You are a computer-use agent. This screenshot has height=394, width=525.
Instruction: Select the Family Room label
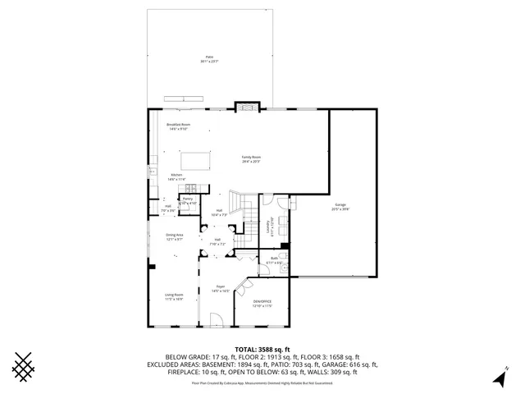coord(250,158)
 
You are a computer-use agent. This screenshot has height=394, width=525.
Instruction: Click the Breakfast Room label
coord(178,126)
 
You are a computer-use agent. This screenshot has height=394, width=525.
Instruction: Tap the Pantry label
coord(187,200)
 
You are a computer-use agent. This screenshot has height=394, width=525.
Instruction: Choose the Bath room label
coord(273,259)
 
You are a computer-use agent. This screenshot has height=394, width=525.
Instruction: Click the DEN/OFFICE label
coord(262,305)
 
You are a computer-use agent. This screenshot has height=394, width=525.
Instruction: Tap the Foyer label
coord(221,288)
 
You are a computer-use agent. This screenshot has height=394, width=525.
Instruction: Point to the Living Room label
coord(173,296)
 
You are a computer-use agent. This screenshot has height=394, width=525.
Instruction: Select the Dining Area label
coord(174,237)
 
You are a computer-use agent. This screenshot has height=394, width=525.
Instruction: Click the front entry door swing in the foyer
coord(216,320)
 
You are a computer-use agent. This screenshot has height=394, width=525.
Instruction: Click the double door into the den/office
coord(244,287)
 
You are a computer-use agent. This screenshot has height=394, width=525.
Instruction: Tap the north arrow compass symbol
coord(499,377)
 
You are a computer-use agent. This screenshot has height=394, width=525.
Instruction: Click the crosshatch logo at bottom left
coord(25,368)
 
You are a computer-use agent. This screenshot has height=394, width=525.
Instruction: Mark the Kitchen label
coord(176,176)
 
